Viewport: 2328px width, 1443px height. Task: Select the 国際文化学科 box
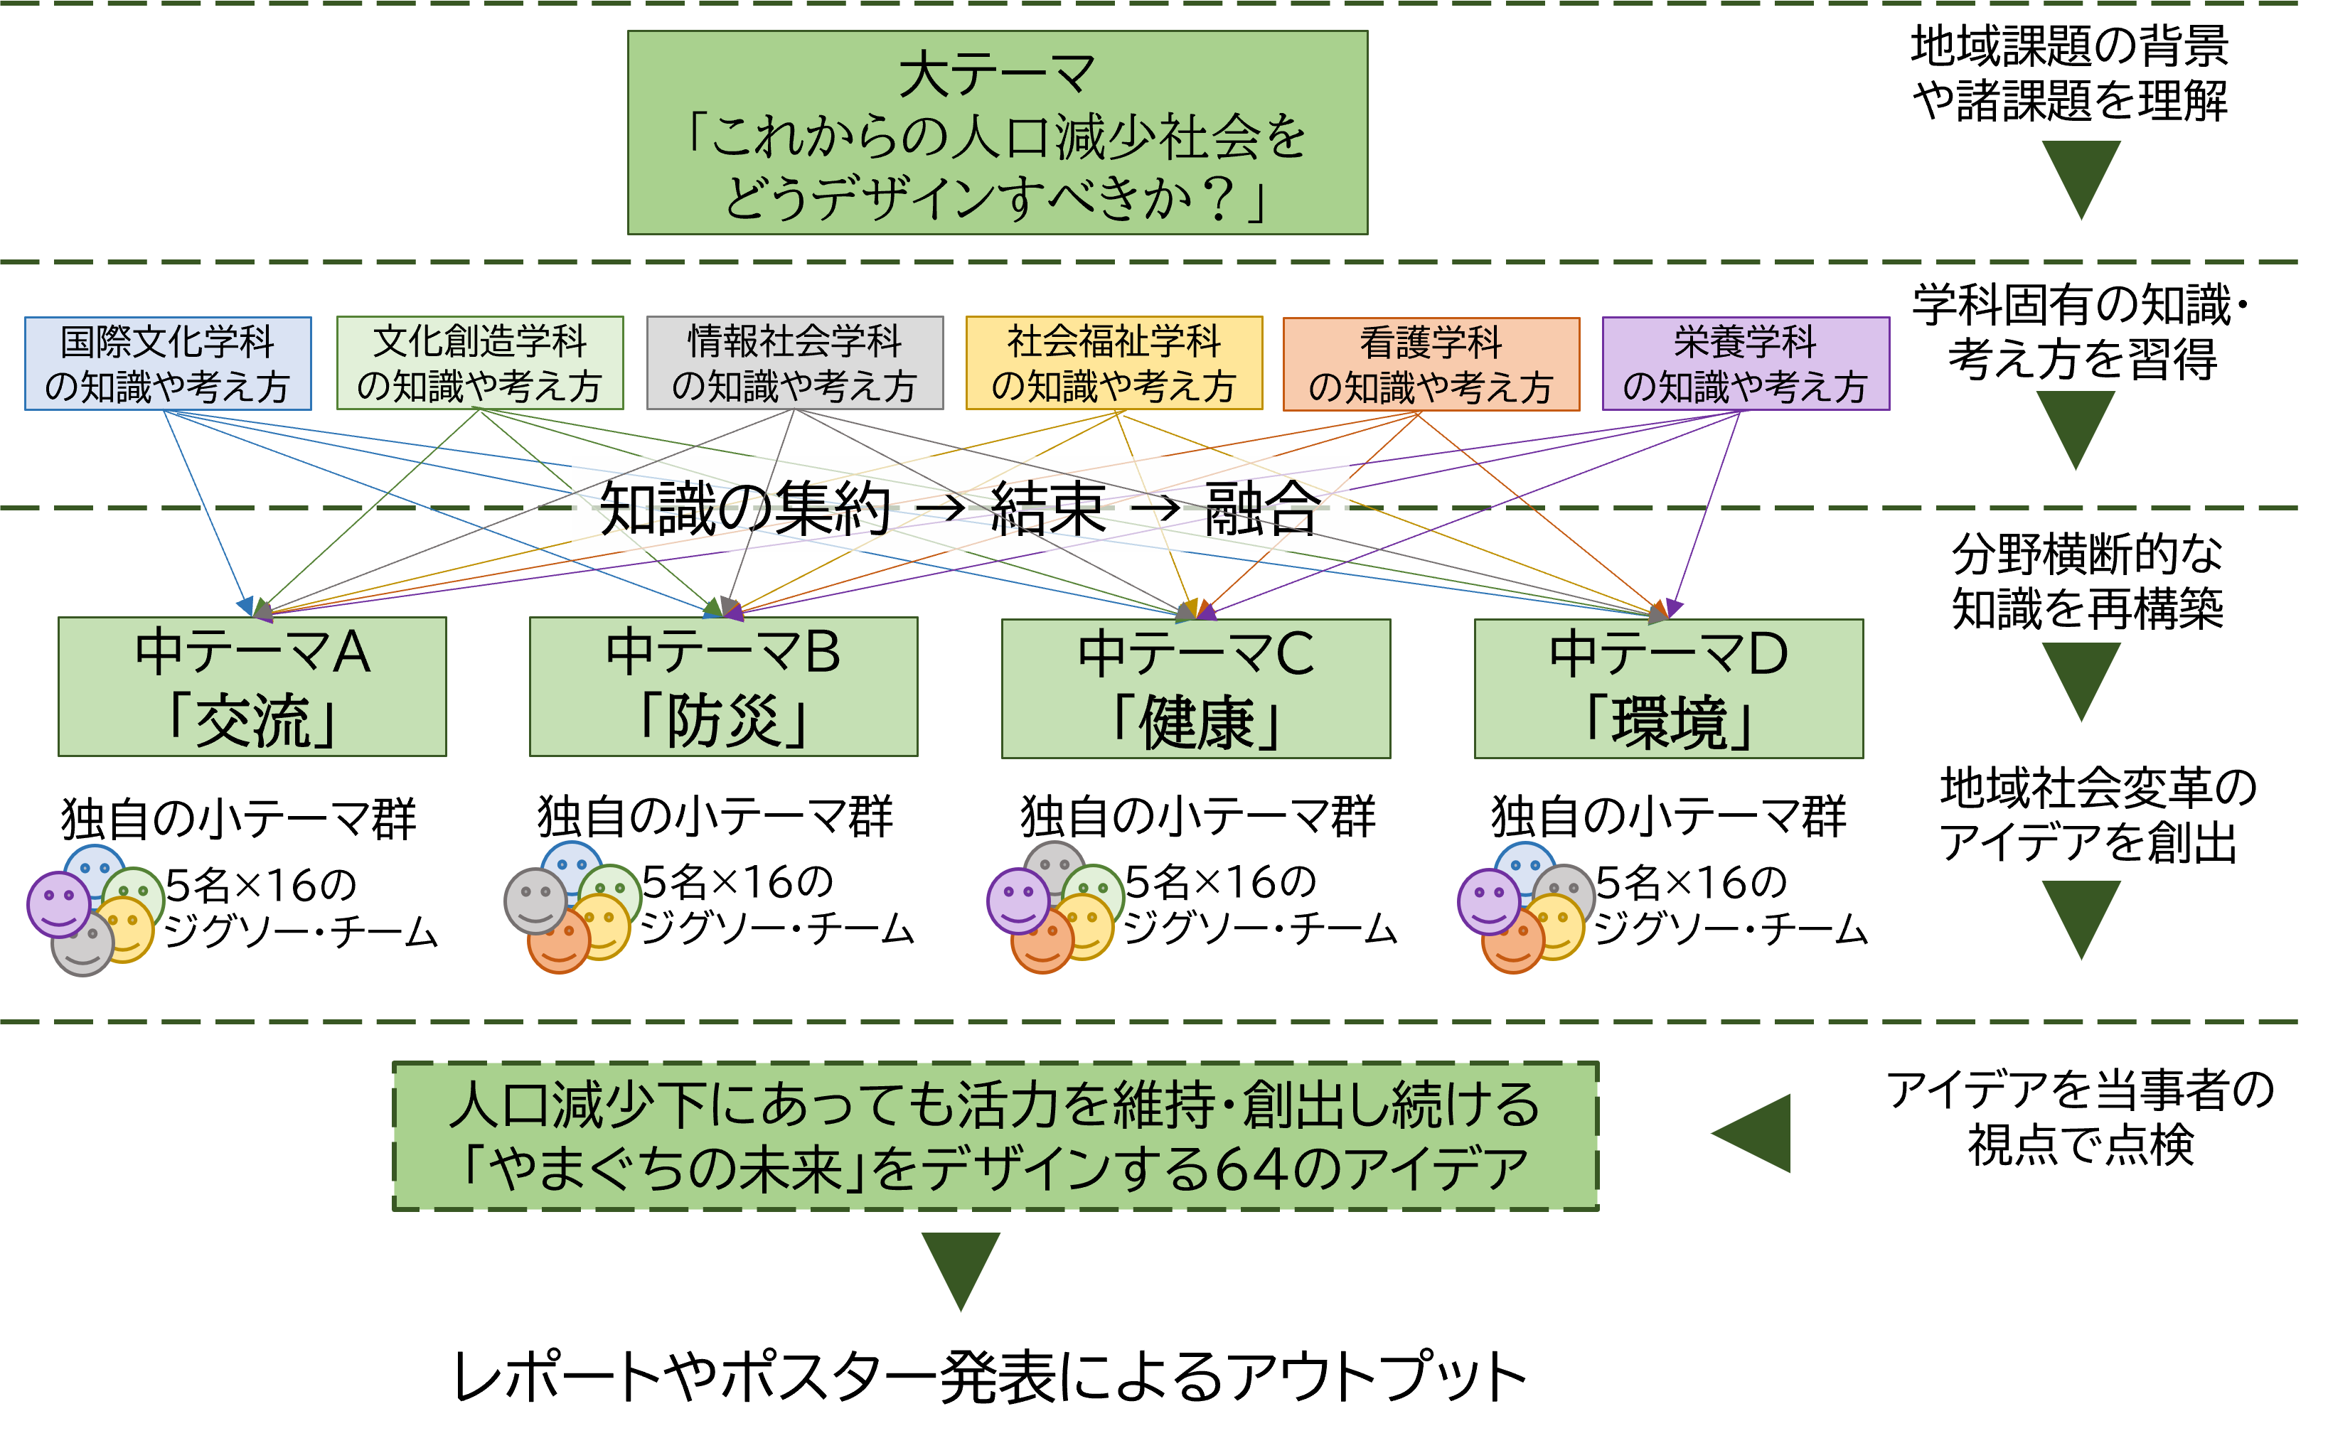coord(168,364)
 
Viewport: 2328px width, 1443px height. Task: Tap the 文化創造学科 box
coord(479,364)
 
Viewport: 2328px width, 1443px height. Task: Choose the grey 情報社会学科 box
coord(794,364)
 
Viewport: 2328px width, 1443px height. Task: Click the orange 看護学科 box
coord(1430,365)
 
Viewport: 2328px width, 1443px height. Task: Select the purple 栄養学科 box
coord(1745,365)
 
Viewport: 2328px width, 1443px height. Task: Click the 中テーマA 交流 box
coord(252,686)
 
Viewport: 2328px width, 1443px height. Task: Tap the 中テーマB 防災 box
coord(724,686)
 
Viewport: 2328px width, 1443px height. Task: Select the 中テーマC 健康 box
coord(1195,688)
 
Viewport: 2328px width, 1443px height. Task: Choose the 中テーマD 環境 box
coord(1667,688)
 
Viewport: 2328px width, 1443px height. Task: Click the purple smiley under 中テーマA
coord(58,903)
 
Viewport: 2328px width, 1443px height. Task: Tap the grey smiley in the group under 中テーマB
coord(535,900)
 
